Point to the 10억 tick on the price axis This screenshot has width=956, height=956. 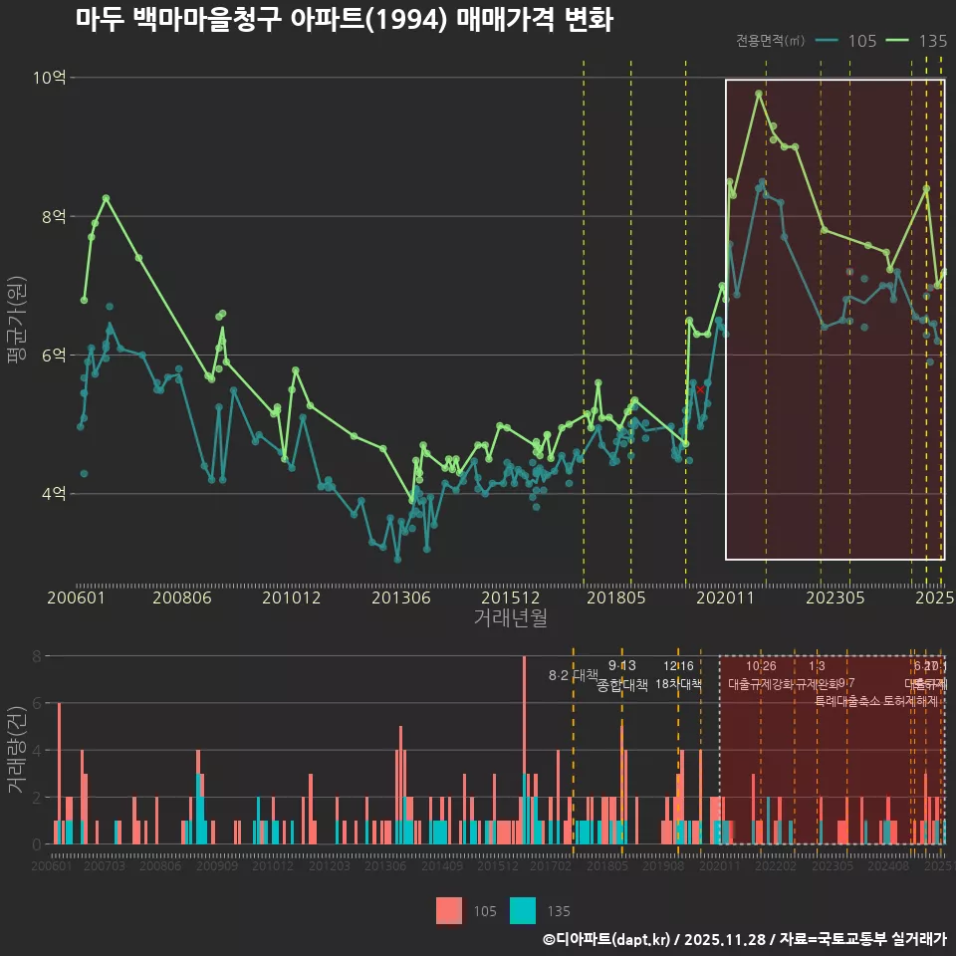coord(52,78)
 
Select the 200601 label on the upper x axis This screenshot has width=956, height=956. coord(77,597)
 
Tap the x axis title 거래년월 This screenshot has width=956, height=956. coord(510,618)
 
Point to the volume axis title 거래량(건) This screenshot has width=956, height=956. coord(17,749)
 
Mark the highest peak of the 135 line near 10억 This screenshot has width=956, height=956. coord(759,93)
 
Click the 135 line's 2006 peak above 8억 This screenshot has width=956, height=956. coord(106,198)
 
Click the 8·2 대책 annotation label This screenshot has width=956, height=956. coord(573,675)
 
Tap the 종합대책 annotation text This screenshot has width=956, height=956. coord(622,685)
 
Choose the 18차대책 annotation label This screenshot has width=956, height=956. coord(678,684)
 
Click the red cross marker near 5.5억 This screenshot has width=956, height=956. coord(700,389)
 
